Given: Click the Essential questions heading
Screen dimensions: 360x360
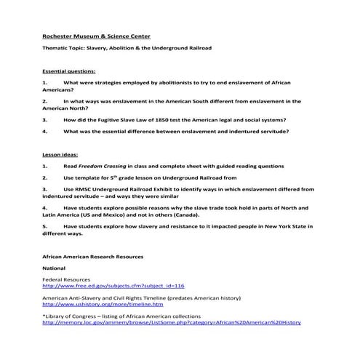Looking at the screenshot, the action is click(x=69, y=72).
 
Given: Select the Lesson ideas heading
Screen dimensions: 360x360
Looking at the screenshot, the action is click(x=61, y=154).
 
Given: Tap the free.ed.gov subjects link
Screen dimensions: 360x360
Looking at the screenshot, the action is click(x=113, y=287).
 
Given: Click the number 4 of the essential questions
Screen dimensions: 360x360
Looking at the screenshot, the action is click(x=44, y=132).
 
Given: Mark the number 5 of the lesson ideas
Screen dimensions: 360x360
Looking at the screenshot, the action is click(x=44, y=226).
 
